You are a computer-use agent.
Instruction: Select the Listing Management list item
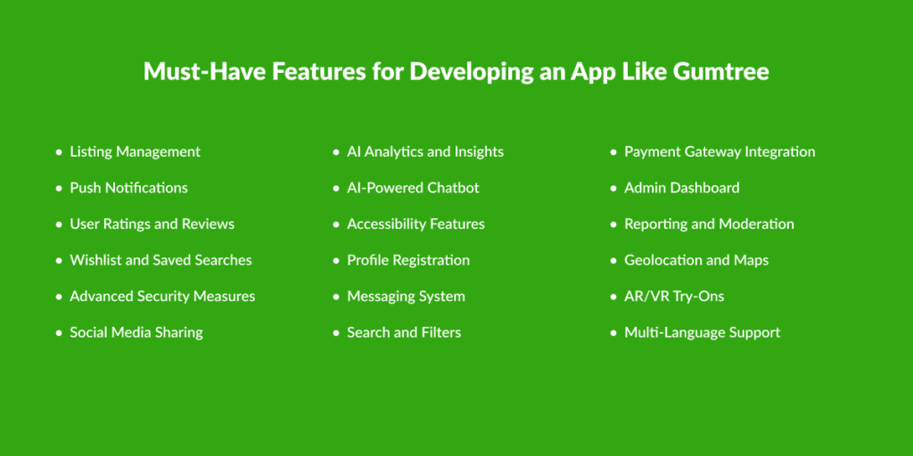coord(136,152)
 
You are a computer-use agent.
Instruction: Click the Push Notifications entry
coord(128,188)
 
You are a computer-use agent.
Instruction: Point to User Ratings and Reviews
coord(152,224)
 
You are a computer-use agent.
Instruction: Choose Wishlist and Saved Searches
coord(160,260)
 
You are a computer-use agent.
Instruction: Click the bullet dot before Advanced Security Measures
coord(58,297)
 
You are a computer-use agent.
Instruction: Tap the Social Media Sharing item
coord(136,333)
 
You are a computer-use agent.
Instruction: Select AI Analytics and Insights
coord(425,152)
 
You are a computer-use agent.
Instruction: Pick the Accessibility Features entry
coord(415,224)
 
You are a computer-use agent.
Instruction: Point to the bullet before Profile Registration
coord(335,261)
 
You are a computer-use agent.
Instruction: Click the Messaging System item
coord(406,297)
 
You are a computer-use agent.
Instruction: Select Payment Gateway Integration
coord(720,152)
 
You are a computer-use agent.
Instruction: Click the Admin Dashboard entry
coord(682,188)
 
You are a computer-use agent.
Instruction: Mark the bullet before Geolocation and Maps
coord(613,261)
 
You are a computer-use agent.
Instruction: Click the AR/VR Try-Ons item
coord(674,297)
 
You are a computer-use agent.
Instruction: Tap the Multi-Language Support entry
coord(703,333)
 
